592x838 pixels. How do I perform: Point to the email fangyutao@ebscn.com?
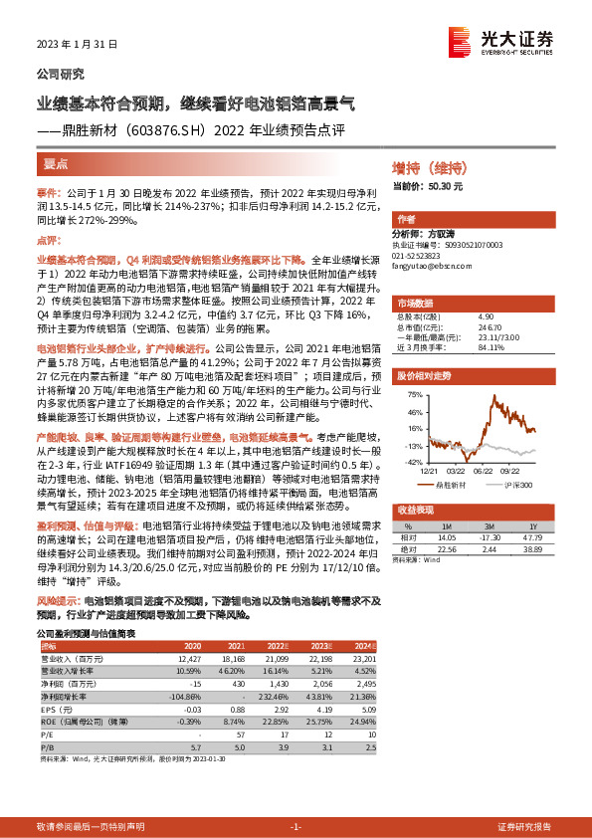pyautogui.click(x=432, y=264)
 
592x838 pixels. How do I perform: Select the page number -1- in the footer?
pyautogui.click(x=295, y=827)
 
